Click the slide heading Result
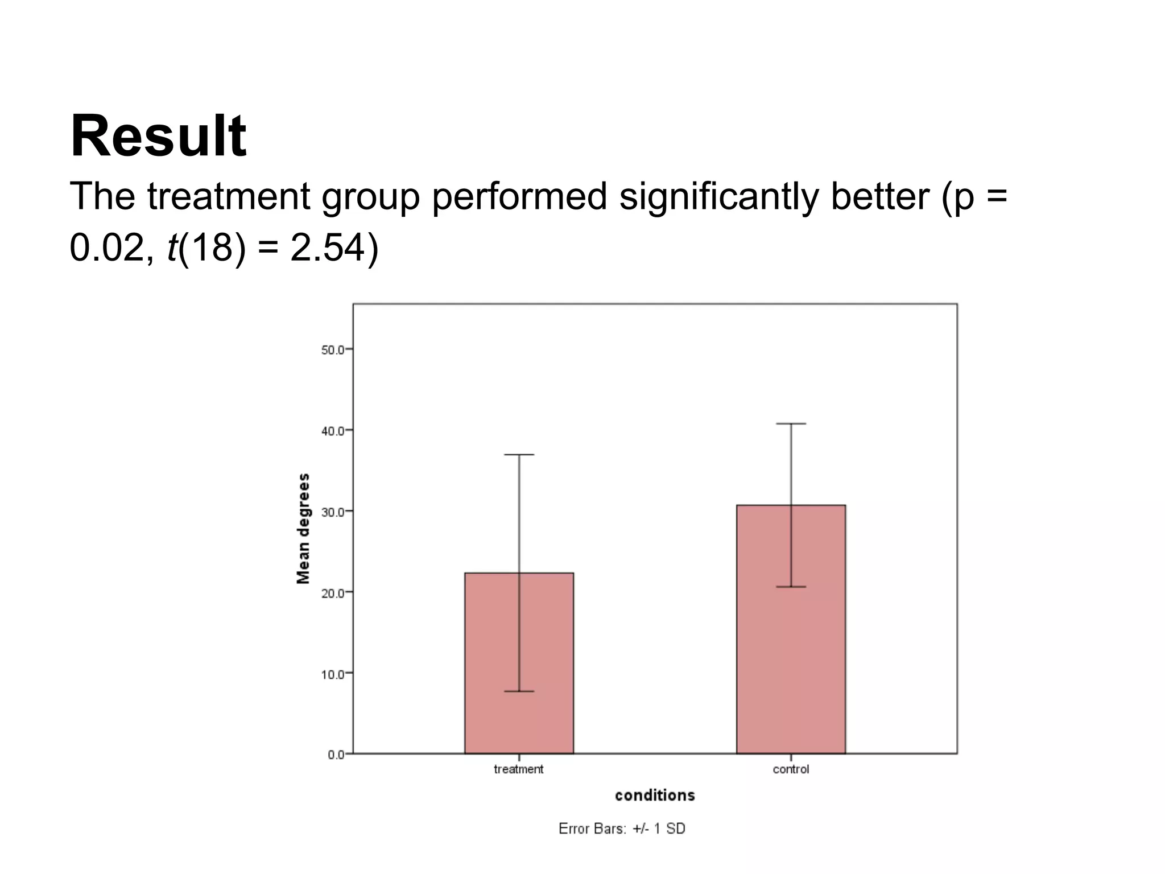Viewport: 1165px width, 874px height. (x=158, y=137)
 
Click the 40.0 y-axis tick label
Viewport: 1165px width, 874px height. (x=333, y=431)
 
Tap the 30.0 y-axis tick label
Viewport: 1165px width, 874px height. (x=333, y=512)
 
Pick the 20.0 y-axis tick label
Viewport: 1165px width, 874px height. (x=333, y=593)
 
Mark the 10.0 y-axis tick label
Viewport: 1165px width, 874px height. (x=333, y=674)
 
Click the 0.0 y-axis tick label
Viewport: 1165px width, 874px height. (x=336, y=755)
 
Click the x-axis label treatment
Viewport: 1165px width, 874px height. (x=518, y=769)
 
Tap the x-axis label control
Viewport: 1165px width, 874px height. (x=791, y=769)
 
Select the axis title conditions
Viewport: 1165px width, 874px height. (x=655, y=795)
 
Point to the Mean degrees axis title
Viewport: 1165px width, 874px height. (x=304, y=529)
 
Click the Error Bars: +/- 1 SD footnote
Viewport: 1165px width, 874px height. (x=622, y=828)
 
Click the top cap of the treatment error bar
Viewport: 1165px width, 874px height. (x=519, y=455)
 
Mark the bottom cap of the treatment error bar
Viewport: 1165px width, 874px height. (x=519, y=691)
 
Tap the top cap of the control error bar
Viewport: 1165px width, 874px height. (x=791, y=424)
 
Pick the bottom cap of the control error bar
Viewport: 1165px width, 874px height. (x=791, y=587)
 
